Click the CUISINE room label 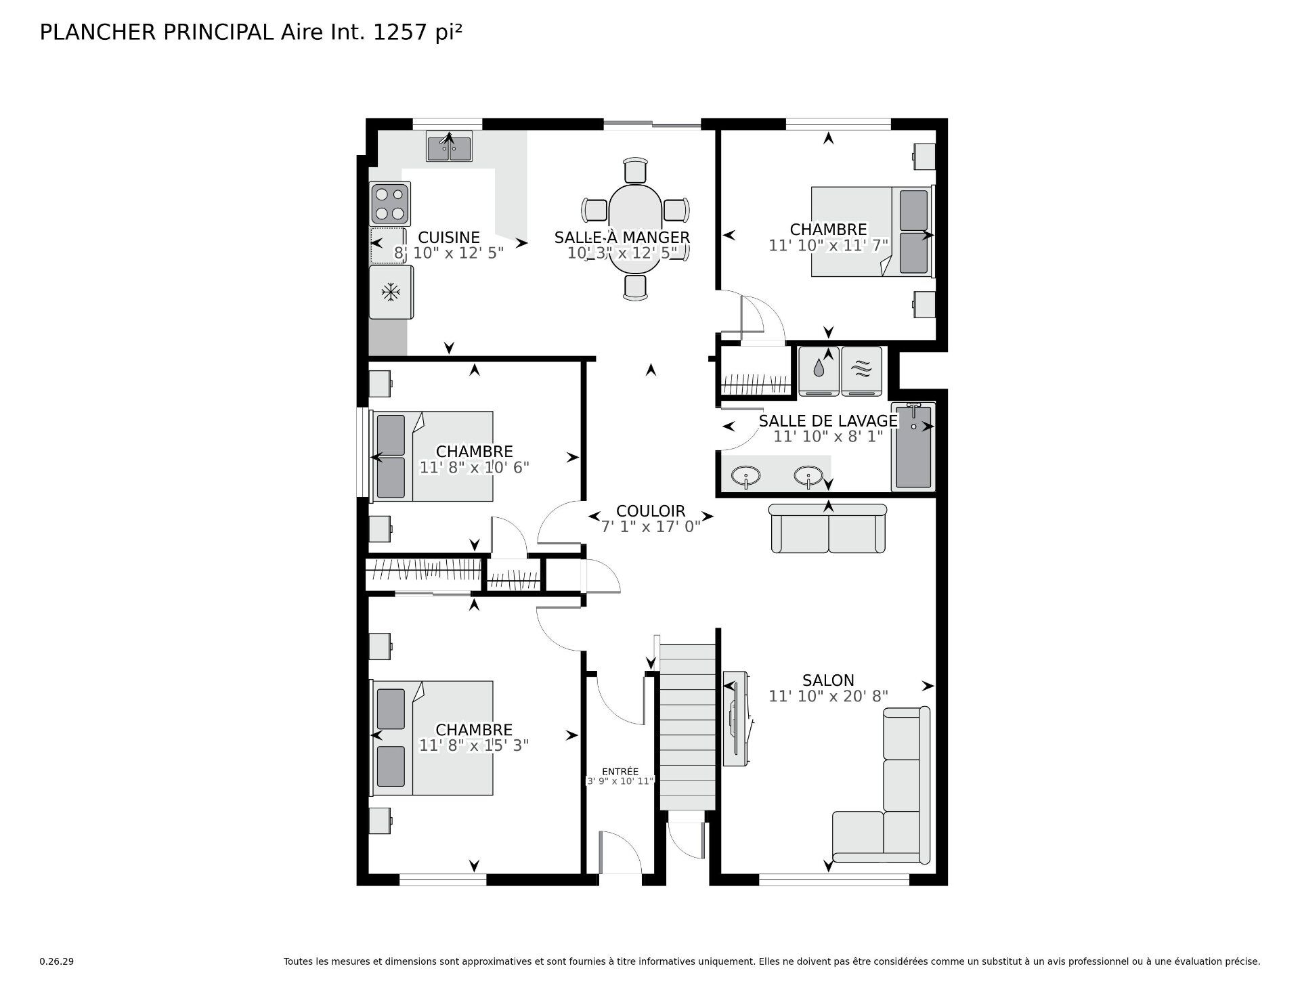448,238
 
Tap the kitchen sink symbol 448,147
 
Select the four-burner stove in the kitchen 390,204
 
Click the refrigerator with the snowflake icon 391,292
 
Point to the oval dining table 635,229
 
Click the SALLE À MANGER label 622,238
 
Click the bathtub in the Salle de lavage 913,447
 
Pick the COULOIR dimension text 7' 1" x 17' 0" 651,527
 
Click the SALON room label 827,680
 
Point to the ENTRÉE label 620,771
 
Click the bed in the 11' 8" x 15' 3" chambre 433,738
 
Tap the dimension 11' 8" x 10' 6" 474,467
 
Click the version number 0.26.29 56,961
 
